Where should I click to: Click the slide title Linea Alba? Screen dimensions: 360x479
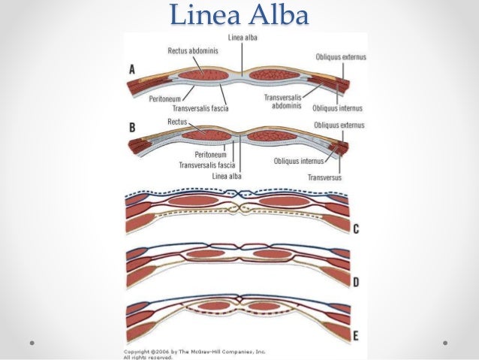point(239,15)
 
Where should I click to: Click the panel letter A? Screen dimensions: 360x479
point(132,68)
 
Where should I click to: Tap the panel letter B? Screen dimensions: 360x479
point(132,128)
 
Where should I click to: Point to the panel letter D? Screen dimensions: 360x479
point(356,283)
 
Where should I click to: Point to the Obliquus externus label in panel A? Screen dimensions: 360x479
point(339,57)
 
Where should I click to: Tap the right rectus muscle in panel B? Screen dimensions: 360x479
point(276,138)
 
